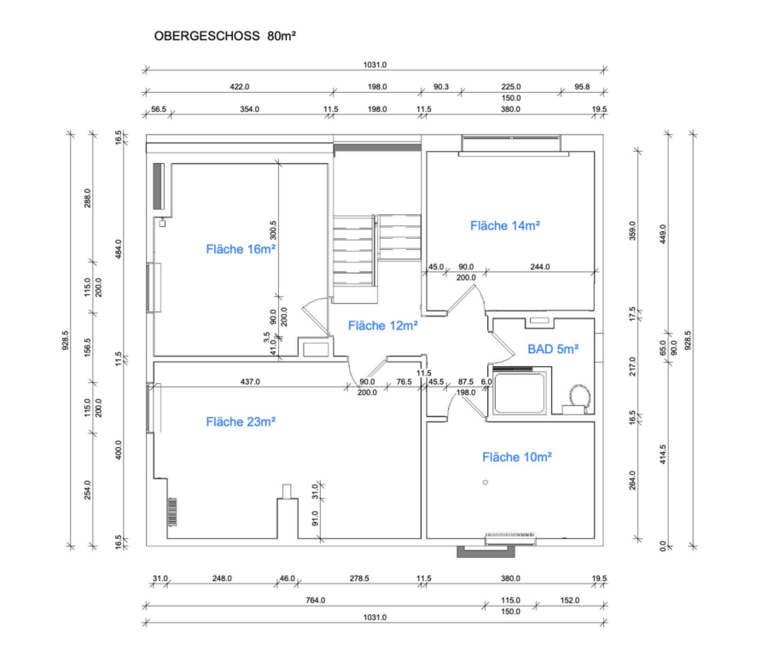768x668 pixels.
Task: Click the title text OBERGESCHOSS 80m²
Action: [224, 36]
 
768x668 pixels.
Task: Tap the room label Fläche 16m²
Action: [241, 249]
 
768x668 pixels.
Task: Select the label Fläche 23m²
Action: [241, 421]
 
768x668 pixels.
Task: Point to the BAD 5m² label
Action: [553, 349]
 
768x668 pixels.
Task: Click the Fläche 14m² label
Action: [505, 226]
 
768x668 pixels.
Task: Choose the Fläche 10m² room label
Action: [517, 457]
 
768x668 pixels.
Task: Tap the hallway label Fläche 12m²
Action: [382, 326]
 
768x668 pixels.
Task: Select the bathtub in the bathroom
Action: [520, 393]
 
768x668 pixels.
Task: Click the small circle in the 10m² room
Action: [486, 482]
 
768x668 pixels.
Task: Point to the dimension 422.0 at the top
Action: [240, 87]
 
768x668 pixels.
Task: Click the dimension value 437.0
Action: [250, 381]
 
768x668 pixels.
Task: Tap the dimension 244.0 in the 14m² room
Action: [540, 267]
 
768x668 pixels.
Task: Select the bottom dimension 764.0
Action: [316, 600]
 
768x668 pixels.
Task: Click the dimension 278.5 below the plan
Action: [359, 578]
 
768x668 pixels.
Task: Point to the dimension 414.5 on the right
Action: [663, 455]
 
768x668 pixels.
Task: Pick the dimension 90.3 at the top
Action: [441, 87]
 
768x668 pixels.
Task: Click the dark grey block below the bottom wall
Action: [486, 551]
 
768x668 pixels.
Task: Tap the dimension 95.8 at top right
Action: [582, 87]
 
